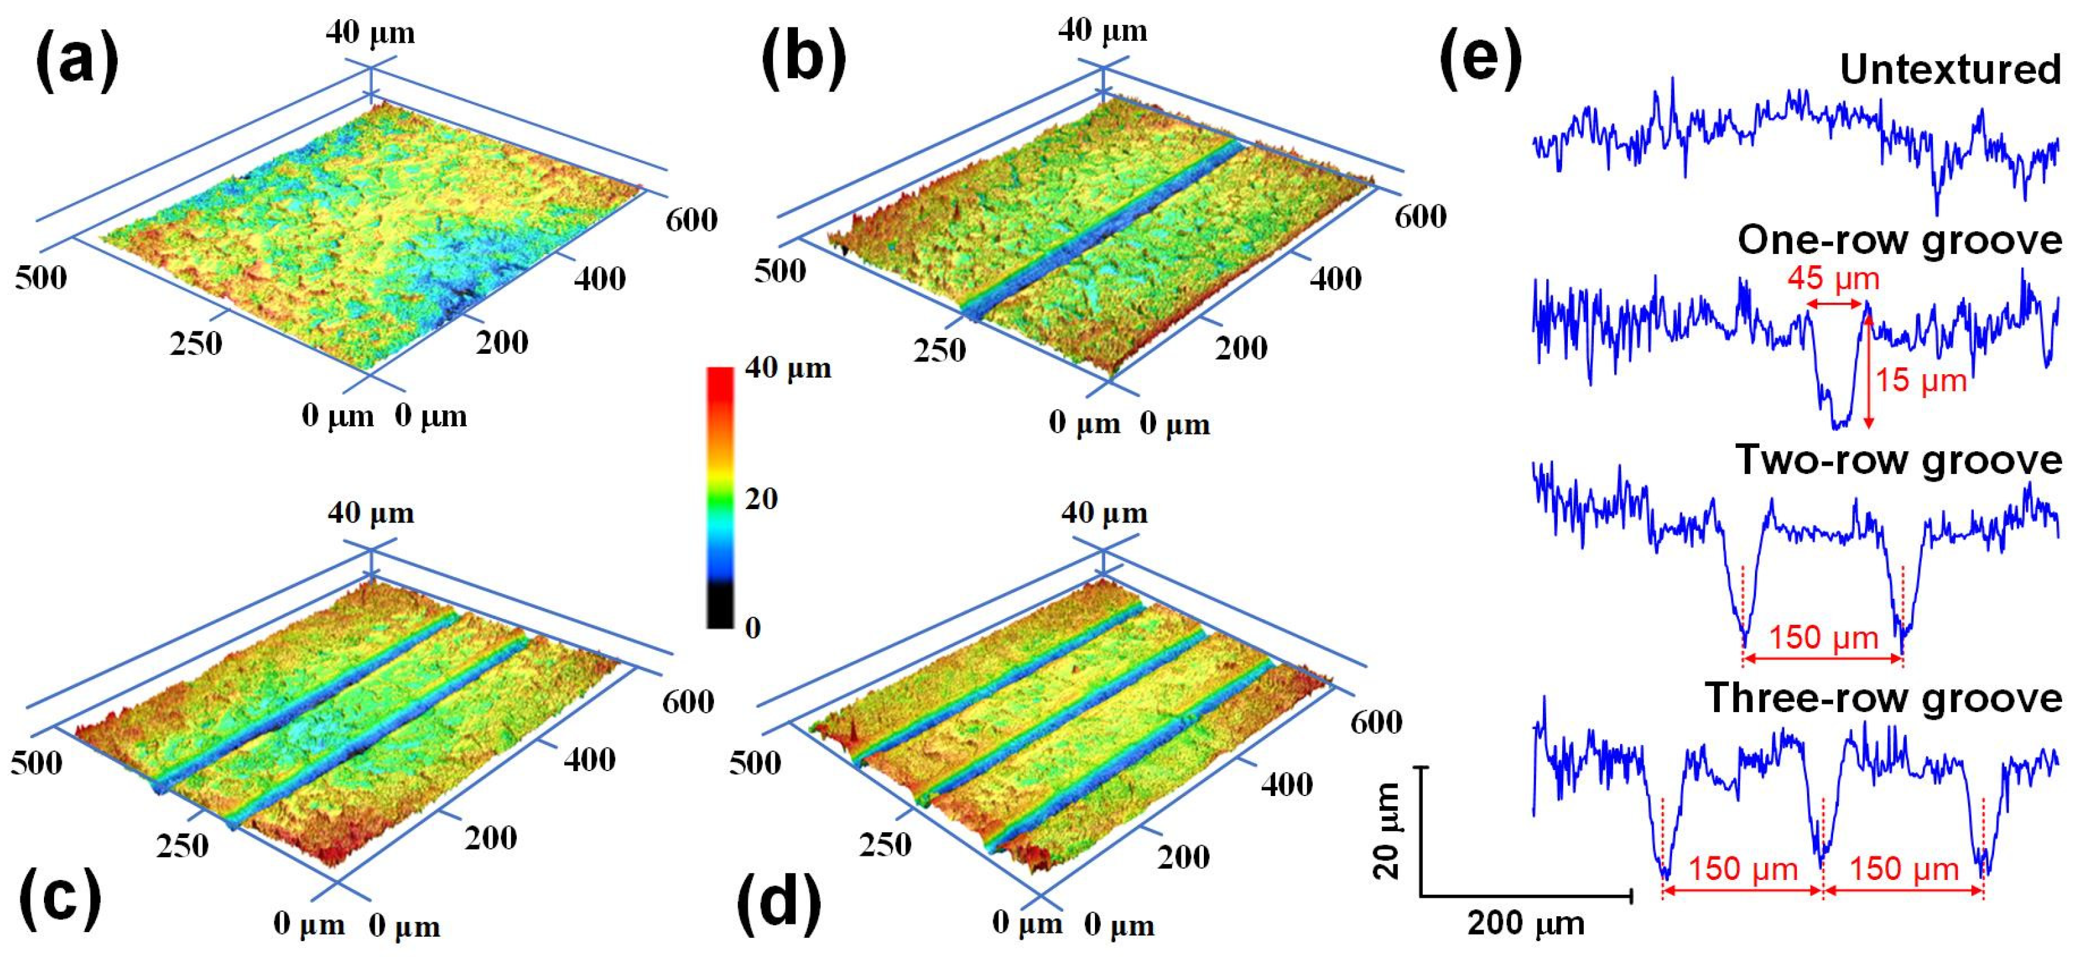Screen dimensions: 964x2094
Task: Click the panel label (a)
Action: (76, 60)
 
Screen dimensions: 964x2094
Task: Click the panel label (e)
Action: (1479, 60)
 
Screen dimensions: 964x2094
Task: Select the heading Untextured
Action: (1950, 69)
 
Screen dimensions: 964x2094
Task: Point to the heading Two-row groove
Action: (1899, 460)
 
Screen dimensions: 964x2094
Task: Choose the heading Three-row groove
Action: (1883, 698)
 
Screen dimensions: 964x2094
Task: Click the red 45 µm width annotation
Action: (1833, 279)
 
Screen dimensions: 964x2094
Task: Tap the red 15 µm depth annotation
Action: (1920, 380)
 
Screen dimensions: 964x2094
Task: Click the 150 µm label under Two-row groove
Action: (1824, 637)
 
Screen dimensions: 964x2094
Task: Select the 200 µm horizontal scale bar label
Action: (1526, 923)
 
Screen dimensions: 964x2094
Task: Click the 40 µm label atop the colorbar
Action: (788, 368)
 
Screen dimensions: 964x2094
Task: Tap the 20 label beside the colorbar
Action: (761, 498)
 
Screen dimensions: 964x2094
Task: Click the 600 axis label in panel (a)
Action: (691, 220)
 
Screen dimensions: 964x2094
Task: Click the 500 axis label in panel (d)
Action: (755, 762)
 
